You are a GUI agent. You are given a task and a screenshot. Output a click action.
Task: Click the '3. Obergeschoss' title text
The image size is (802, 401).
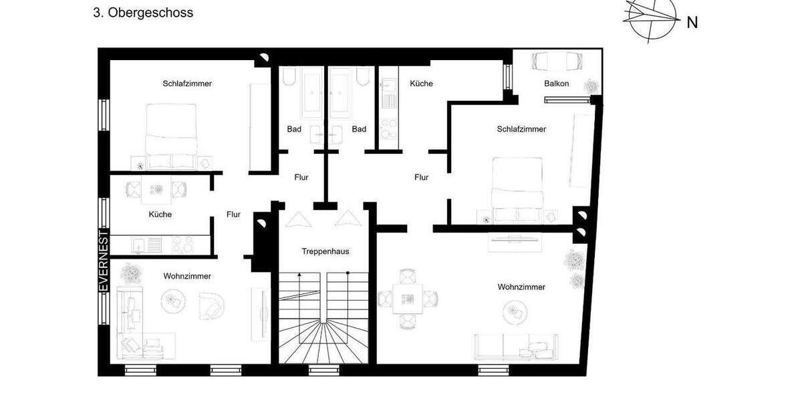click(143, 13)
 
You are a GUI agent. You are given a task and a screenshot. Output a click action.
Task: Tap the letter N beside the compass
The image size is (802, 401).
click(692, 23)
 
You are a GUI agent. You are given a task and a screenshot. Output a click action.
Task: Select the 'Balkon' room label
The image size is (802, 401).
click(557, 84)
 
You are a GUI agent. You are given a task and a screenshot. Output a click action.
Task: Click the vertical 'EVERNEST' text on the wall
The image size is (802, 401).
click(104, 261)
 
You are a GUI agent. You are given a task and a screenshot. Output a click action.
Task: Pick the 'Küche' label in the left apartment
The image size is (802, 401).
click(160, 215)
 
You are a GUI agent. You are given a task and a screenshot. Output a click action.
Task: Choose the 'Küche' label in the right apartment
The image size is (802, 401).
click(421, 84)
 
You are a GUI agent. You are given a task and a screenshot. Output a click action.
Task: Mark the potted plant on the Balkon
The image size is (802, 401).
click(591, 86)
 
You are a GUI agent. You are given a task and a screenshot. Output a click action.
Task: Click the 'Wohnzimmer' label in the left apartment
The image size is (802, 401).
click(187, 276)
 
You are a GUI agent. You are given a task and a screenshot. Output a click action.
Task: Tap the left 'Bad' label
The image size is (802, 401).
click(294, 129)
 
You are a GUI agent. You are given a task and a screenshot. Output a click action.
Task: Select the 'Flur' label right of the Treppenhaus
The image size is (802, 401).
click(421, 177)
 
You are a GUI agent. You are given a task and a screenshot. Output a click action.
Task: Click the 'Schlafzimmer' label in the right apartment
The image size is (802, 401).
click(521, 129)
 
